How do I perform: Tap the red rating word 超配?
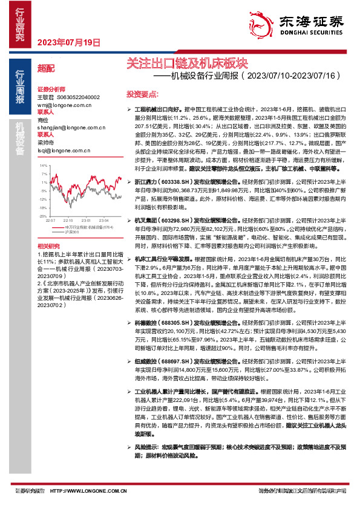(46, 68)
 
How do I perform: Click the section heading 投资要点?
(142, 94)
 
